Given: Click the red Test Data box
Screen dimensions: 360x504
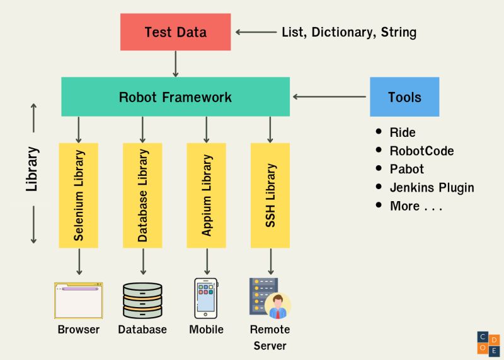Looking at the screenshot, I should tap(175, 32).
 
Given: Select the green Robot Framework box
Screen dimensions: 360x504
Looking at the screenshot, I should tap(175, 97).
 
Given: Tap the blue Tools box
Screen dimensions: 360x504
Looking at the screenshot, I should tap(404, 97).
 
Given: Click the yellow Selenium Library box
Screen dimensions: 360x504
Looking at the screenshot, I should tap(79, 195).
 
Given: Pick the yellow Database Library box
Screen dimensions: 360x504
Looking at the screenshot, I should tap(142, 195).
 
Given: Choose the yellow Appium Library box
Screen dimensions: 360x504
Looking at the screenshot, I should tap(207, 195).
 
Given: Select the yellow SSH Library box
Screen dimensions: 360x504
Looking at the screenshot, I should tap(270, 195).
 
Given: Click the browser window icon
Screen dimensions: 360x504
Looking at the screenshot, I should tap(79, 300).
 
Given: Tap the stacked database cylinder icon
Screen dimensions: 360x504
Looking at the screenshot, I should tap(142, 300).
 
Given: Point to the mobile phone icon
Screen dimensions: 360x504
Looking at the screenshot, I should tap(206, 298).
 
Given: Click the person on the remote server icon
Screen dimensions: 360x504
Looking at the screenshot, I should tap(278, 306).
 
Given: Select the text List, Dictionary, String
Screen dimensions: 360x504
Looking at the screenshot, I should tap(349, 32).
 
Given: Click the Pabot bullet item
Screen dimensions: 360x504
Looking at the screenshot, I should tap(406, 169).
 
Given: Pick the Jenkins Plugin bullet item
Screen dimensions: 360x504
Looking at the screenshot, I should tap(432, 187).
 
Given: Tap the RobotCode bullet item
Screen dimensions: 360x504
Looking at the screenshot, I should tap(421, 151).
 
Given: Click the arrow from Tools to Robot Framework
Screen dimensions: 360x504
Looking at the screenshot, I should tap(329, 97).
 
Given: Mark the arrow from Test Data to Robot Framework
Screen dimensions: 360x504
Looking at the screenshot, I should tap(176, 64).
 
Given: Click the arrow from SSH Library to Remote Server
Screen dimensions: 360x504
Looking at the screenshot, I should tap(270, 261).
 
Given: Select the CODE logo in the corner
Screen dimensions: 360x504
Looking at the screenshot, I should tap(489, 343).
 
